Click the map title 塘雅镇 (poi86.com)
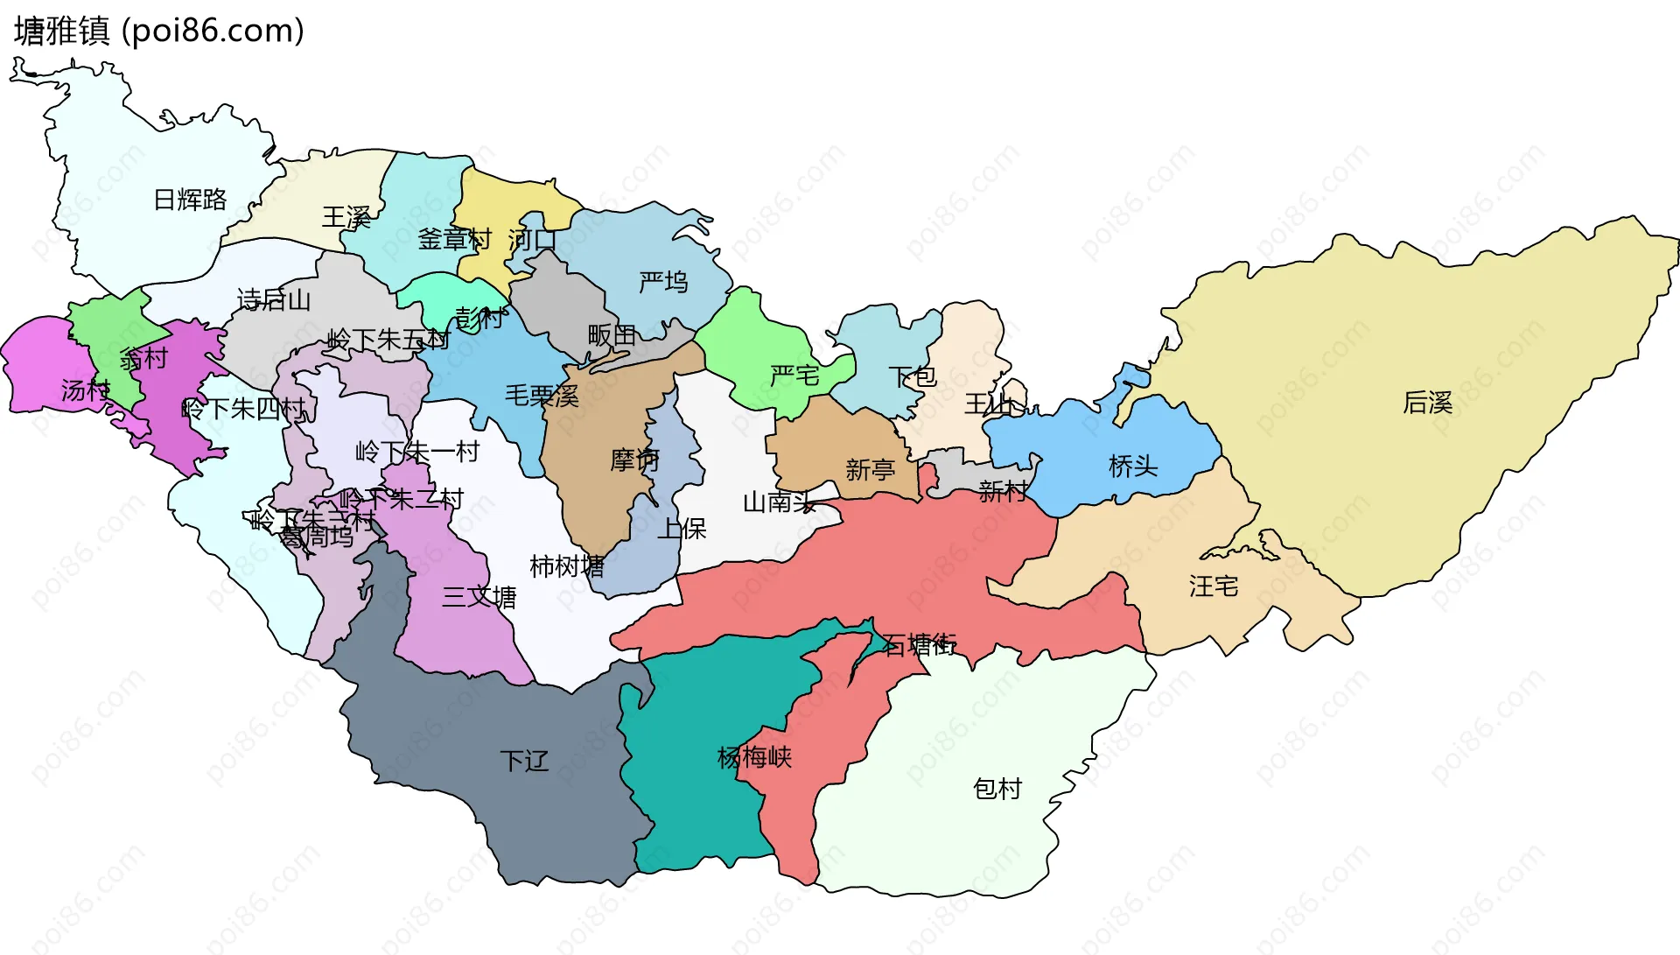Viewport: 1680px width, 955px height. point(158,31)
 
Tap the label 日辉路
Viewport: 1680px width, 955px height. point(190,200)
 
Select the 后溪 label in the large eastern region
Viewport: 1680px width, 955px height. point(1427,402)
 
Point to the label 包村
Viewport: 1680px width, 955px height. point(997,789)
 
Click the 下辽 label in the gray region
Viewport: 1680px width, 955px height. point(524,760)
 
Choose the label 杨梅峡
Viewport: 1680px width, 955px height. point(754,756)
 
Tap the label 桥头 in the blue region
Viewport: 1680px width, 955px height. point(1133,466)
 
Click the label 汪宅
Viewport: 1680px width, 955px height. point(1214,586)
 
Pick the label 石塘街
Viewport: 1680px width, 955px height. point(919,645)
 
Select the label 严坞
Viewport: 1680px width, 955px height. point(663,282)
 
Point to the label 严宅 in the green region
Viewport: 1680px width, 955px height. point(794,376)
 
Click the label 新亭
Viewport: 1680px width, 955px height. point(870,470)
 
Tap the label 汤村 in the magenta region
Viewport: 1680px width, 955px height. point(86,390)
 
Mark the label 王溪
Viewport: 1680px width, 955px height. point(346,217)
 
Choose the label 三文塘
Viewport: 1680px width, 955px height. point(479,597)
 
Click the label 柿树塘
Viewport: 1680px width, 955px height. point(567,566)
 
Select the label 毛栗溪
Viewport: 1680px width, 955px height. point(542,396)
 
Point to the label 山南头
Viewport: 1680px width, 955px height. point(779,502)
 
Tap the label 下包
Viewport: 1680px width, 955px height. point(913,376)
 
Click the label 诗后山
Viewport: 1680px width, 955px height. point(274,300)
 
